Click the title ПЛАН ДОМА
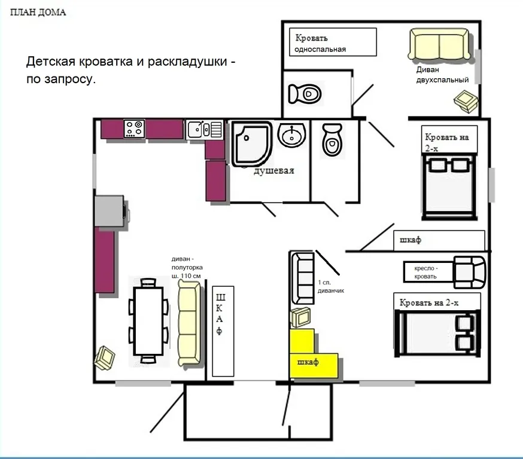[38, 13]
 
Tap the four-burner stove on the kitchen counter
[135, 129]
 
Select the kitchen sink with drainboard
[205, 129]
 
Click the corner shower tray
[252, 144]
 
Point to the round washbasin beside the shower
[291, 134]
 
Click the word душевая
[274, 171]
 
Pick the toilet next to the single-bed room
[305, 94]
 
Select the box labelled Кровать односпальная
[333, 42]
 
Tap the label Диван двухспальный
[442, 75]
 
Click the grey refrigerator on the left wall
[110, 211]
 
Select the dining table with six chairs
[148, 321]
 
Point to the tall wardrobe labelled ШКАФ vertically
[223, 331]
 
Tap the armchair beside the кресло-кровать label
[469, 272]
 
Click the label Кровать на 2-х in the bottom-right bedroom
[429, 303]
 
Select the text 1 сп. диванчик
[330, 286]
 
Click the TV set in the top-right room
[466, 101]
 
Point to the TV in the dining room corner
[105, 358]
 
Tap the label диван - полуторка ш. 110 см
[187, 267]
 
